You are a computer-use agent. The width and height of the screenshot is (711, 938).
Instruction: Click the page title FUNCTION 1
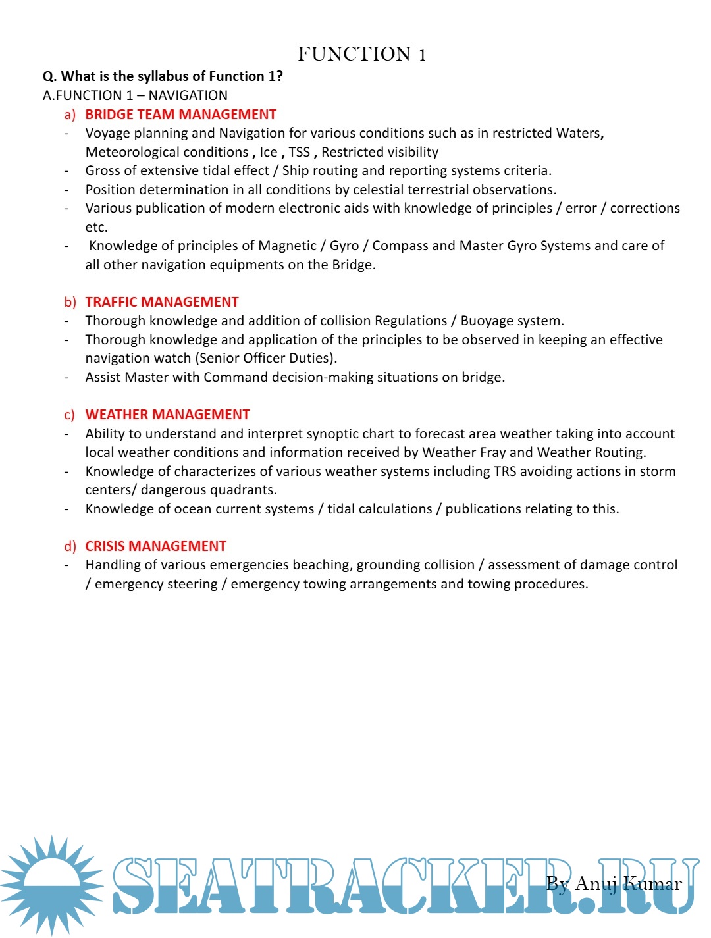(361, 54)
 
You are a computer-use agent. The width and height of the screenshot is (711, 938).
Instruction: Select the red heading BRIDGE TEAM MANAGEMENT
(180, 115)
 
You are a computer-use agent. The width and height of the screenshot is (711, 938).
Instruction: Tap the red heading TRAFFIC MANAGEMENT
(162, 302)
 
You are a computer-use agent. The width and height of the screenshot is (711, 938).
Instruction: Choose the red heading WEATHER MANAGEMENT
(167, 415)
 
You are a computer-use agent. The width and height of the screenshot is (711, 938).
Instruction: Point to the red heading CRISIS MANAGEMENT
(155, 546)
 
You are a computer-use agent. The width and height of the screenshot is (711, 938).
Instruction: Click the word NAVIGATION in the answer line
(188, 95)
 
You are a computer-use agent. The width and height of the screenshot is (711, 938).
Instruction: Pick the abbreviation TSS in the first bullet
(299, 152)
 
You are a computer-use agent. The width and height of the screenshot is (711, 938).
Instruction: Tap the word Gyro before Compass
(344, 246)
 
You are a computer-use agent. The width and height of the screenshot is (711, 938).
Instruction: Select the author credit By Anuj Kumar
(614, 883)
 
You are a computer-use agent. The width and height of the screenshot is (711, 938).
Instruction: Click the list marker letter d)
(70, 546)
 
